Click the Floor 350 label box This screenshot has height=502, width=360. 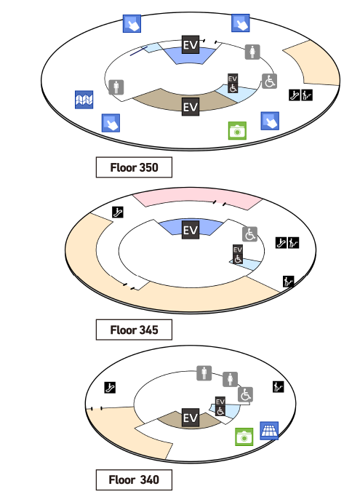tap(134, 167)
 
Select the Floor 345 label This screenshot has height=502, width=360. tap(134, 330)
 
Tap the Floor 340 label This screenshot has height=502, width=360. tap(134, 479)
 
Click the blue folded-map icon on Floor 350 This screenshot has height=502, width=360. tap(84, 100)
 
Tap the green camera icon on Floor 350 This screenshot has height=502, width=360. tap(237, 131)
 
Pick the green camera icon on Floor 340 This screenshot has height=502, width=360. tap(244, 437)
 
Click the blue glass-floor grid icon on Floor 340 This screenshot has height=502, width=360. tap(269, 431)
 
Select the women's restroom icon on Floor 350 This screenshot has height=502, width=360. tap(252, 52)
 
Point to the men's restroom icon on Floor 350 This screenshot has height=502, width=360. tap(116, 87)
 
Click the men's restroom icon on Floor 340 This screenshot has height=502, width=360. tap(204, 373)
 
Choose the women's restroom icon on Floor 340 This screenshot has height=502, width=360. tap(230, 379)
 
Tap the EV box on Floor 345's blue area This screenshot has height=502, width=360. tap(191, 230)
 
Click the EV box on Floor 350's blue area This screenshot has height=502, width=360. tap(191, 44)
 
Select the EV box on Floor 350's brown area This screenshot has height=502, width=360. tap(191, 107)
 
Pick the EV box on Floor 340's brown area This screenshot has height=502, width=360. tap(191, 418)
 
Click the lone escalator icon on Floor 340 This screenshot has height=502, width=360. tap(110, 387)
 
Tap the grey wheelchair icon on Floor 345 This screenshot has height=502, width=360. tap(250, 234)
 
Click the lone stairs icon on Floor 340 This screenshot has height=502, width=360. tap(279, 387)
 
